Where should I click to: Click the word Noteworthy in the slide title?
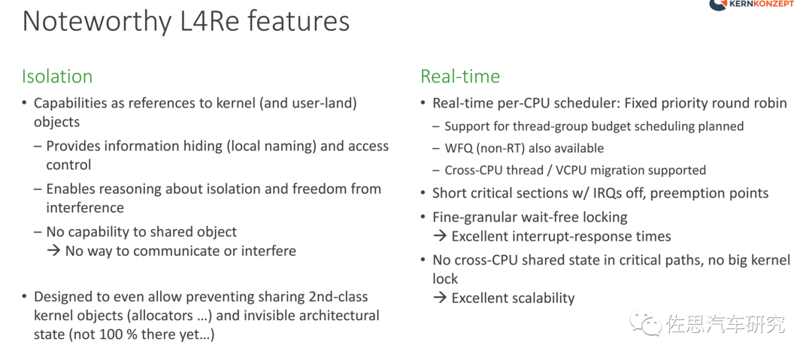tap(97, 23)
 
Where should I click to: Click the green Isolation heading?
tap(57, 77)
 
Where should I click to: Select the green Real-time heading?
tap(460, 77)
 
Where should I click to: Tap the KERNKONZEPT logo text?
tap(762, 5)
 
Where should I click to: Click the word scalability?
tap(541, 298)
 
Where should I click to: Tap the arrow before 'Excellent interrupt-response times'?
tap(440, 237)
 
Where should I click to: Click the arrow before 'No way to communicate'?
tap(54, 251)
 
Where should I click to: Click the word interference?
tap(85, 207)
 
